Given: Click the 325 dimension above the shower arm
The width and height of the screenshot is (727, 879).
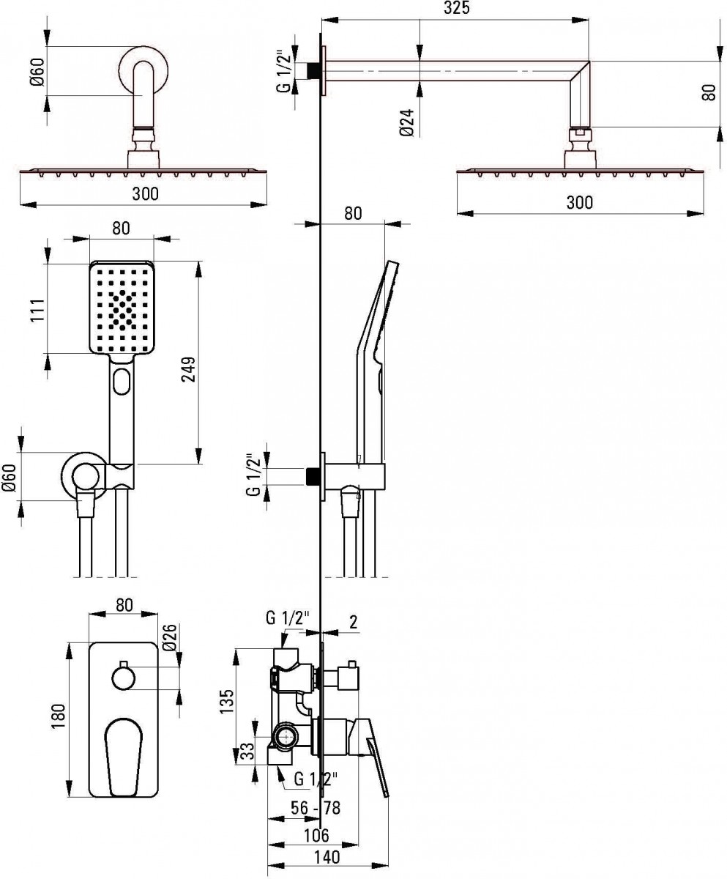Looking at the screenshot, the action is [457, 8].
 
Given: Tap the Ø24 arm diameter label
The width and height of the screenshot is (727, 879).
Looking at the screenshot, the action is [407, 123].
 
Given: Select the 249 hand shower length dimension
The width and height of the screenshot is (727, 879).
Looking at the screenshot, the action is [189, 369].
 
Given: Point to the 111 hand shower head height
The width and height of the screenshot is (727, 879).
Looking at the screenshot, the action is [38, 310].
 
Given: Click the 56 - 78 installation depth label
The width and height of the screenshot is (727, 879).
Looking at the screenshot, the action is [316, 808].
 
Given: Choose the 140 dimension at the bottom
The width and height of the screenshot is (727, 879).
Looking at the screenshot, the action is [327, 857].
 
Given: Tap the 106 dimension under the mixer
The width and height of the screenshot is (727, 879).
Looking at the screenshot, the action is [316, 835].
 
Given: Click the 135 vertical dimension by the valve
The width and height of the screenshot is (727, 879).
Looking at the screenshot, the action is [226, 701].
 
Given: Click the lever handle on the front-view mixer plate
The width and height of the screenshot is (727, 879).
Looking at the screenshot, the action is [122, 749].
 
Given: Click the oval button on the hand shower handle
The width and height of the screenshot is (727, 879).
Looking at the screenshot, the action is [122, 382].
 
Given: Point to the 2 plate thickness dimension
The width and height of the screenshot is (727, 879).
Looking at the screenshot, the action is [354, 621].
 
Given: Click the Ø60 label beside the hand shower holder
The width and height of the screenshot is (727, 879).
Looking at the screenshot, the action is [10, 478].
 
